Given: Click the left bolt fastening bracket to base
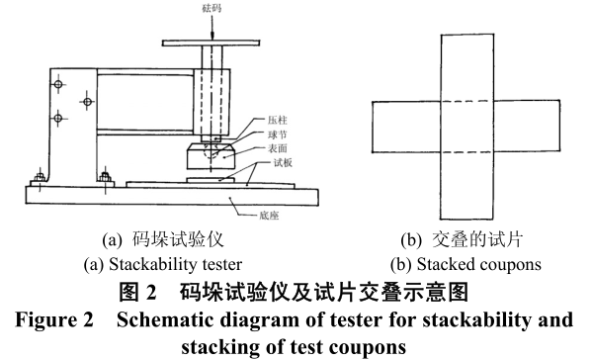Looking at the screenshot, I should (38, 178).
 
